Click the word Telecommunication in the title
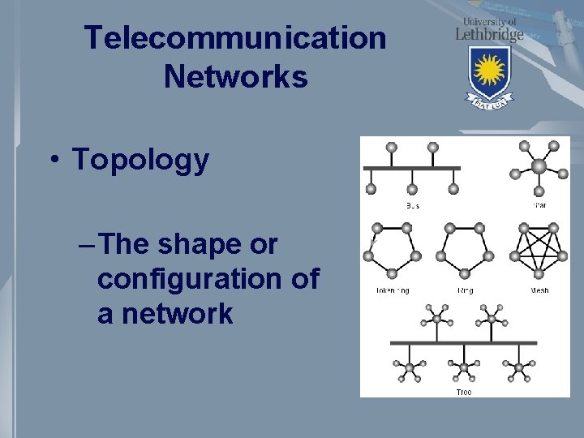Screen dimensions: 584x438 [x=235, y=37]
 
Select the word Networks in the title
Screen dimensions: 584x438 [x=235, y=77]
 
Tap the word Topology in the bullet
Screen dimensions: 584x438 [x=140, y=160]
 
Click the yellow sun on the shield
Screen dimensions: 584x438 [x=489, y=71]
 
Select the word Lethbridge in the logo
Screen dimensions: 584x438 [x=489, y=34]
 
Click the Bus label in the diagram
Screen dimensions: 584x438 [x=412, y=205]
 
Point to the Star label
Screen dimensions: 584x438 [x=539, y=205]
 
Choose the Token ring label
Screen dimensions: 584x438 [x=392, y=290]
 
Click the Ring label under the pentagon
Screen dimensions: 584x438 [x=466, y=290]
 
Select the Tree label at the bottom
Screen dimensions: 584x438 [x=463, y=392]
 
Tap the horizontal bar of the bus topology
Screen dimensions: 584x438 [x=412, y=168]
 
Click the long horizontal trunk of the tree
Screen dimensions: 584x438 [x=463, y=342]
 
